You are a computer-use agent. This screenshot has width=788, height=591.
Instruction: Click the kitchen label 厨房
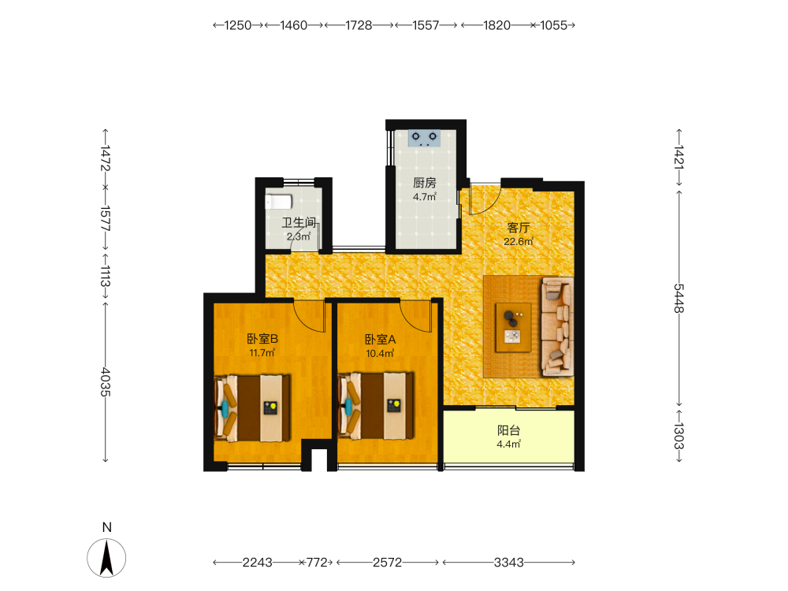424,183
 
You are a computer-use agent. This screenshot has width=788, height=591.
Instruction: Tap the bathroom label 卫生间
299,223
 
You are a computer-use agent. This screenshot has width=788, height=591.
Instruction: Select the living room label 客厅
519,229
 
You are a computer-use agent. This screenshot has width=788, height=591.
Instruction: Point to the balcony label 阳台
508,431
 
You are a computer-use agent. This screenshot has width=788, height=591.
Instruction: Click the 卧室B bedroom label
262,339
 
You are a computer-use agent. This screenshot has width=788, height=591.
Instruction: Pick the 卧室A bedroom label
380,340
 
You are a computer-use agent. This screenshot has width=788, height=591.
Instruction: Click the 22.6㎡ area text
519,242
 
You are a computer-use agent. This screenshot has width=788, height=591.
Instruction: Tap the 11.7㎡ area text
262,353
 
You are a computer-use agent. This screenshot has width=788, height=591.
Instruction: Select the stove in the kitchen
424,138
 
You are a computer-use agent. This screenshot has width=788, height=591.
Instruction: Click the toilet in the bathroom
278,202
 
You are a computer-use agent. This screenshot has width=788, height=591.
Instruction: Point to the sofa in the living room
557,327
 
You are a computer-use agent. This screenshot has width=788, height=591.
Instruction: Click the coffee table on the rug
513,328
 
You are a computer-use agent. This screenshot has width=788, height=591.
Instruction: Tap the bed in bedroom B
252,407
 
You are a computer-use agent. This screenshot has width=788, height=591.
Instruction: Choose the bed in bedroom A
376,406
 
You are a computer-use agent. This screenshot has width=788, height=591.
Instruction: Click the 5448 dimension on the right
679,298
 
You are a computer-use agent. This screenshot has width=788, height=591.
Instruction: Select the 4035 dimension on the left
106,382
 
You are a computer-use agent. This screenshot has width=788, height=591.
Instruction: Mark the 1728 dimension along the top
359,25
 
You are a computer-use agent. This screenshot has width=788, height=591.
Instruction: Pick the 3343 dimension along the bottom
508,563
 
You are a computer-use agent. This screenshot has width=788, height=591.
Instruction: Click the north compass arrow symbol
106,558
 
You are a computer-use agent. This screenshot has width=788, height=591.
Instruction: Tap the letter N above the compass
106,527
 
